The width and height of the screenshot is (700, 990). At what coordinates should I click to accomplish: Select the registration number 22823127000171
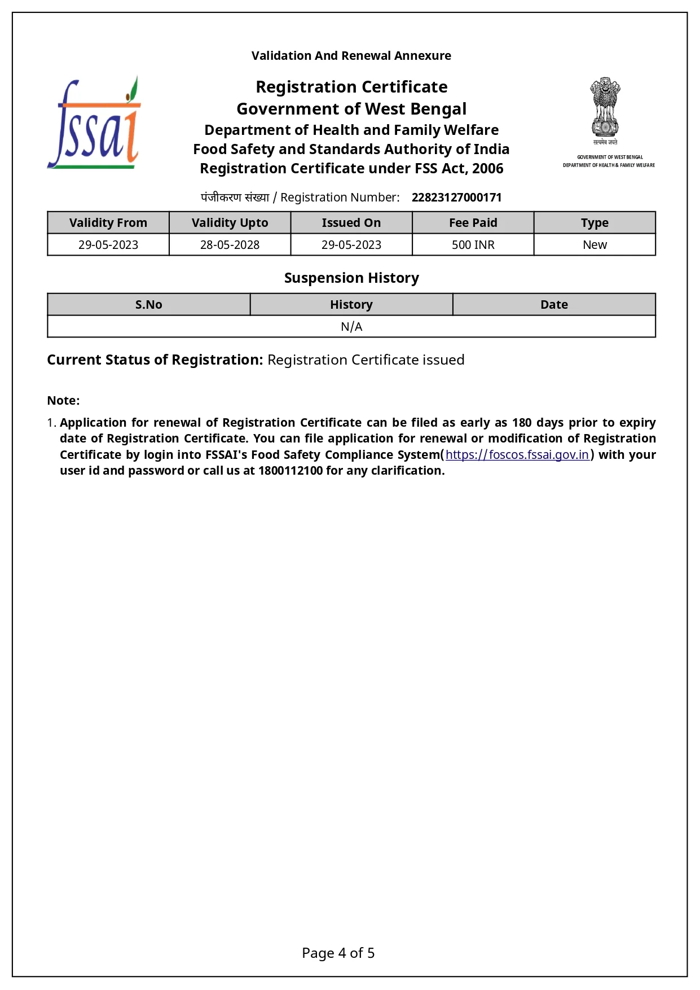click(456, 198)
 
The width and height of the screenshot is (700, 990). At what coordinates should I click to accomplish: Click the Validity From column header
click(108, 223)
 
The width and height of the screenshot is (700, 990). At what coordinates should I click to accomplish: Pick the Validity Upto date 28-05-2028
click(230, 245)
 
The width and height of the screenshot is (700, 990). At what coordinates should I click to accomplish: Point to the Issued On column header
click(351, 223)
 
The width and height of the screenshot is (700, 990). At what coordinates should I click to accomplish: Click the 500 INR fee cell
click(473, 245)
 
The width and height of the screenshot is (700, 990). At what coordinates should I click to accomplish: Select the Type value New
click(595, 245)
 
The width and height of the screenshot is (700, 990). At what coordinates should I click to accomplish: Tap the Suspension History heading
click(351, 278)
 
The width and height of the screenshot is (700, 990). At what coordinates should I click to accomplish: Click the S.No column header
click(148, 305)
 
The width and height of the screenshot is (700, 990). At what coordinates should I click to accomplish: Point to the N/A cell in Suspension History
click(351, 327)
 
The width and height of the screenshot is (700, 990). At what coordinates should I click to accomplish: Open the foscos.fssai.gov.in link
click(517, 455)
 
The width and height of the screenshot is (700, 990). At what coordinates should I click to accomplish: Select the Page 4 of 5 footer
click(338, 953)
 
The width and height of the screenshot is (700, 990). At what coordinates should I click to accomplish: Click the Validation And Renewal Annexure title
click(351, 56)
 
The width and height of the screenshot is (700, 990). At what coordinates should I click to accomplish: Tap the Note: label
click(63, 401)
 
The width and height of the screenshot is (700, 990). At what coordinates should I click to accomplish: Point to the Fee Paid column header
click(473, 223)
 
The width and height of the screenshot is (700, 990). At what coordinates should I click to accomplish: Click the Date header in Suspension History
click(554, 305)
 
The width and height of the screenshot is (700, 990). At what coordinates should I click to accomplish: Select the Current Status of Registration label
click(155, 360)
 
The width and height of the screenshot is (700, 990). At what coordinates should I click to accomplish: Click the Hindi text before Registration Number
click(235, 198)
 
